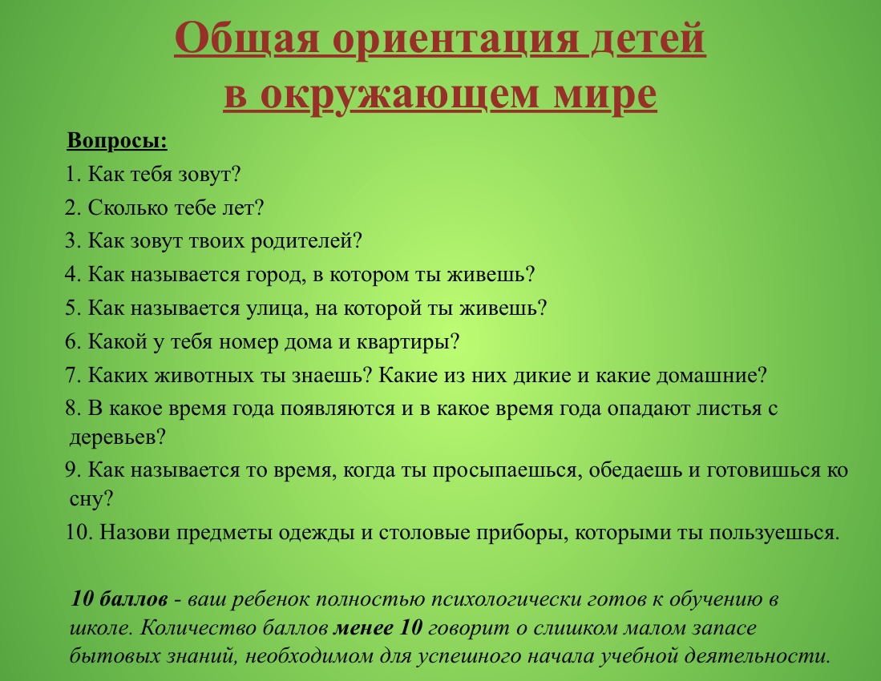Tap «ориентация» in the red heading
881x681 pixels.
[455, 38]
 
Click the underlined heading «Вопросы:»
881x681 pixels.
[117, 141]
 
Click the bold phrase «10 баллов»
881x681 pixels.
[119, 599]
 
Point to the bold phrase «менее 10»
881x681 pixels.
[378, 627]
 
